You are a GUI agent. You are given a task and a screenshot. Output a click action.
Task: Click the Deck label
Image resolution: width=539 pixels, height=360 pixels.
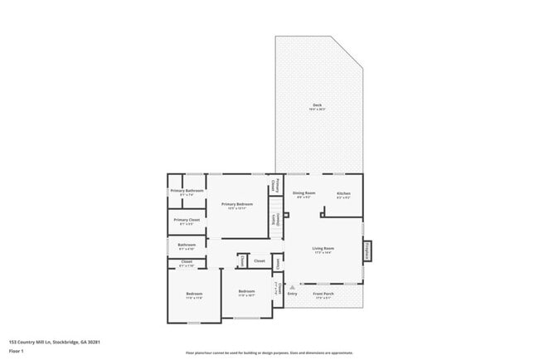point(317,105)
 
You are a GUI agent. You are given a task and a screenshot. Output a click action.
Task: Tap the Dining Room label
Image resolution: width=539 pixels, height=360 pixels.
point(304,192)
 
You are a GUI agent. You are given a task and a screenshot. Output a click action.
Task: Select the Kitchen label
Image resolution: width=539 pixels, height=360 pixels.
point(343,192)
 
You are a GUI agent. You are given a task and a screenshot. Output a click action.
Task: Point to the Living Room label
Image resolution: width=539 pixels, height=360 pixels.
point(323,248)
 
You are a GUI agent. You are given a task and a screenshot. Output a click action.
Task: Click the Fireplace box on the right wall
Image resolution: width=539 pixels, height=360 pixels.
point(367,251)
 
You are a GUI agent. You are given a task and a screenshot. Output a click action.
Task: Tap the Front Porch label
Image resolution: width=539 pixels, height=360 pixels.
point(323,293)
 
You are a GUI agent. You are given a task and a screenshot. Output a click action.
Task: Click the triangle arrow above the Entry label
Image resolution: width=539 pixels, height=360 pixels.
point(292,287)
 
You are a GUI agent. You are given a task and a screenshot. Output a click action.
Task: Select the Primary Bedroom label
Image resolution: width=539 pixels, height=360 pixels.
point(236,203)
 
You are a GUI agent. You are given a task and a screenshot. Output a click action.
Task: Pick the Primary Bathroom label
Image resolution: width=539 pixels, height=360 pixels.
point(187,191)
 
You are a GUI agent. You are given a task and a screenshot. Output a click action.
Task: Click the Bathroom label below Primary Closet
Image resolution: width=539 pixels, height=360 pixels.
point(187,245)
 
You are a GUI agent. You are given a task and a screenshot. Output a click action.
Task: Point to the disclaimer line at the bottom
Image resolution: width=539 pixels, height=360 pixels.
point(269,352)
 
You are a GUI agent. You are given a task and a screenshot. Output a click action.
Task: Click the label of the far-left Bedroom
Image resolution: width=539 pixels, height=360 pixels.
point(193,294)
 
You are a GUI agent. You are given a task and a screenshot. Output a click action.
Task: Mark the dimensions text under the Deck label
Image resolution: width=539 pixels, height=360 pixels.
point(317,109)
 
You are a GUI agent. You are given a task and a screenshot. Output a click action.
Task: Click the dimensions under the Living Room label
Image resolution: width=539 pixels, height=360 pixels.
point(323,252)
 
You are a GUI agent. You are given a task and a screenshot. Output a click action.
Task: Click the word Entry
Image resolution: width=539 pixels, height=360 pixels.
point(292,293)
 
